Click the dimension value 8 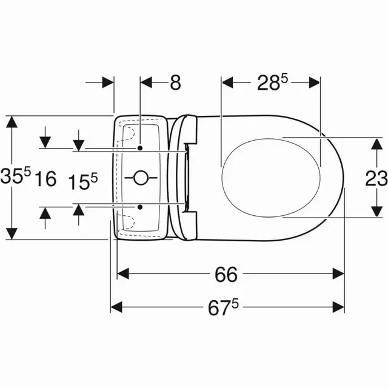coord(175,82)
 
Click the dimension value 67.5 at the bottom coord(227,307)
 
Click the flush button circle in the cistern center coord(140,178)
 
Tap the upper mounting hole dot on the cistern coord(140,148)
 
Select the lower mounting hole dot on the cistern coord(140,206)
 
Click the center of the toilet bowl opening coord(271,176)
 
